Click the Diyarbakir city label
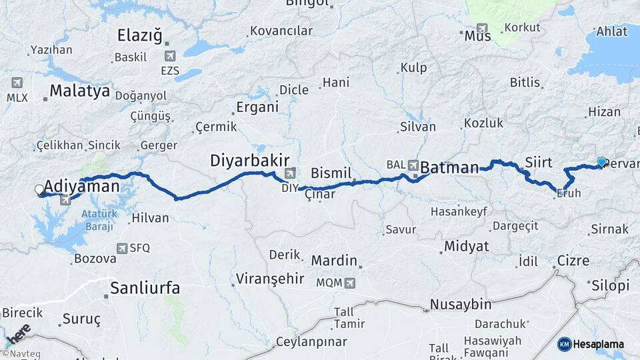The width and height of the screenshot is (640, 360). coord(249,161)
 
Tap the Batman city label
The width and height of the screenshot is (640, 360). coord(449,167)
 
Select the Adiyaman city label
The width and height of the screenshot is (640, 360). coord(82,186)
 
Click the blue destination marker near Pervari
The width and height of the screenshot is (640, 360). coord(601,162)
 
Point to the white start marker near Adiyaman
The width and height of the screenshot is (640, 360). coord(39,190)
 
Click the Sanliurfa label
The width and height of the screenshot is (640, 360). coord(145,288)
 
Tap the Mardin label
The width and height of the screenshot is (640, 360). coord(335,261)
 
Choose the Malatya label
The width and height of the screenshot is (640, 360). coord(79,91)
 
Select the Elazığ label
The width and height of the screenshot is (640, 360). coord(139,36)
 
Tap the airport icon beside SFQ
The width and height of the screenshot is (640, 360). coord(121,248)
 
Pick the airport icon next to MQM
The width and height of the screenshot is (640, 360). coord(350,283)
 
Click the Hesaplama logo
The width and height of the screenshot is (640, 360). coord(591,344)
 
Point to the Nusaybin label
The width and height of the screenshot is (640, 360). coord(461,305)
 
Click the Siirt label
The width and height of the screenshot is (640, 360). coord(539,162)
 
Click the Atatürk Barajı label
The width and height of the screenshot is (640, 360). coord(99,219)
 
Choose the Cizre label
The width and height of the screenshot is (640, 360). coord(573,261)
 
